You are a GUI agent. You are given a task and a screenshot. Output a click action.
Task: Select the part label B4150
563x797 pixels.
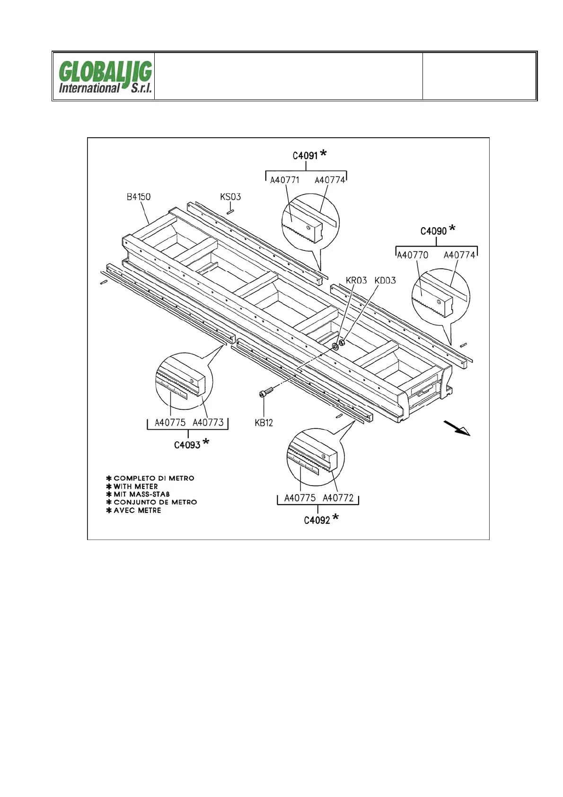click(139, 197)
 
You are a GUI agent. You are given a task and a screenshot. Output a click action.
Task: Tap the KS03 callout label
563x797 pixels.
click(230, 196)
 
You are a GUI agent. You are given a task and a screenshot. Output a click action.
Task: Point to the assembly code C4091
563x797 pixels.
click(305, 156)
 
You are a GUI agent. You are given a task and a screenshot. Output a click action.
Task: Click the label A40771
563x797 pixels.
click(284, 180)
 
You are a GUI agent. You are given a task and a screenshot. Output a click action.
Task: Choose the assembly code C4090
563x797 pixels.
click(433, 231)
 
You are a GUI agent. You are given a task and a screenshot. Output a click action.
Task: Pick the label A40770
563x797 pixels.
click(412, 255)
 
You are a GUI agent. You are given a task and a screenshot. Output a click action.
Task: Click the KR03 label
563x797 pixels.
click(356, 280)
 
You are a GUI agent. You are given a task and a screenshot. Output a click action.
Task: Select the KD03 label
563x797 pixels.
click(385, 280)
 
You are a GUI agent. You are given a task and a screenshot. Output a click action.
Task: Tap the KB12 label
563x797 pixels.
click(264, 423)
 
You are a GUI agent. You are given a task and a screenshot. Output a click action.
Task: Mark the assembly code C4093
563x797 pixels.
click(187, 445)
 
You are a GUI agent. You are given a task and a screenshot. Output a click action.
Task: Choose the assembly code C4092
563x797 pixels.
click(317, 521)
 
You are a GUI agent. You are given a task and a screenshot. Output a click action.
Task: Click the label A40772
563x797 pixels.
click(338, 498)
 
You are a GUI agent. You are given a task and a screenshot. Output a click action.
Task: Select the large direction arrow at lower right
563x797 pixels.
click(457, 427)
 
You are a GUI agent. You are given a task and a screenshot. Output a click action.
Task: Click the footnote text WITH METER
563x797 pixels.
click(136, 486)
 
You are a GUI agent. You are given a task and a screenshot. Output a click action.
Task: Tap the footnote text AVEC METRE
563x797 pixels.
click(137, 510)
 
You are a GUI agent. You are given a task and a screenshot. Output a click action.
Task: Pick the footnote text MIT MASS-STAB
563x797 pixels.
click(141, 494)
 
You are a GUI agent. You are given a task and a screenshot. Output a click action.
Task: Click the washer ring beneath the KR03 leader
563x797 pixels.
click(335, 346)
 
